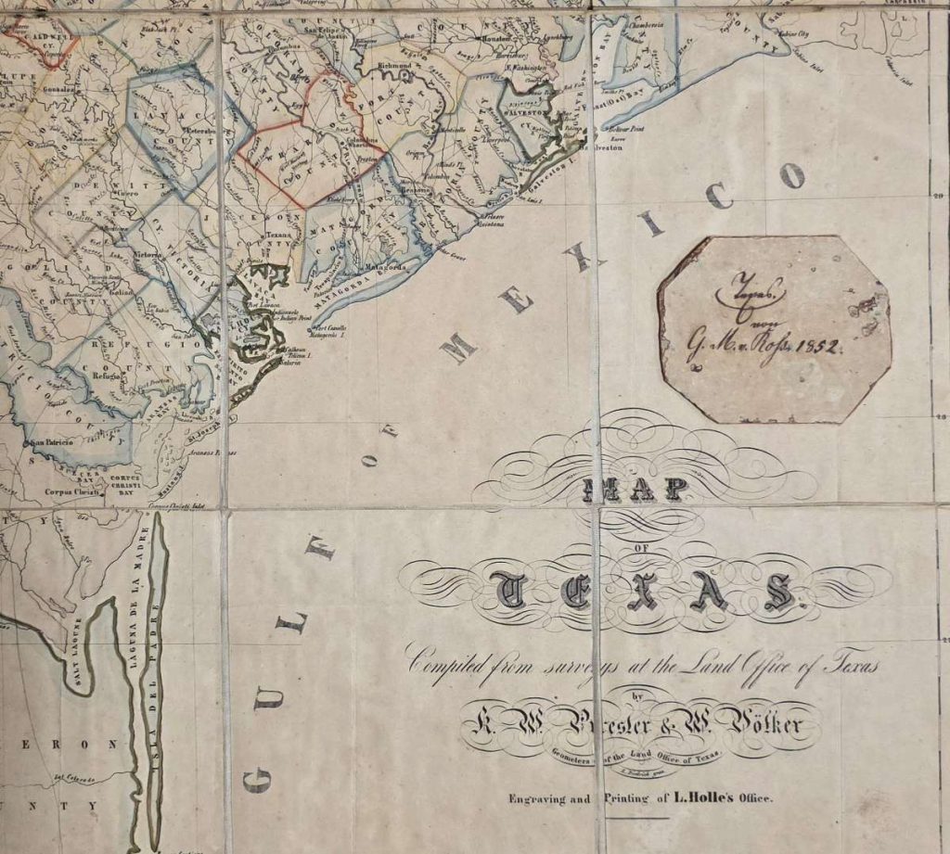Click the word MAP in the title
pyautogui.click(x=644, y=491)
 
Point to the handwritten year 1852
pyautogui.click(x=815, y=347)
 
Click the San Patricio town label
pyautogui.click(x=53, y=444)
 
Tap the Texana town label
pyautogui.click(x=279, y=236)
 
